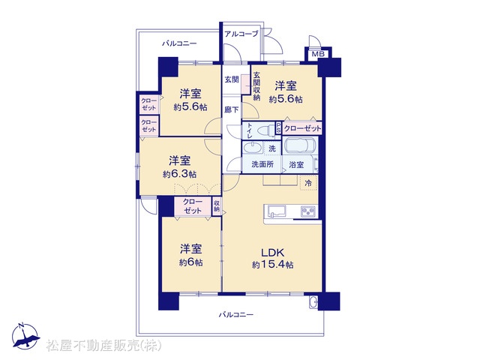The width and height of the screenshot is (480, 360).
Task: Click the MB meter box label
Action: pos(318,55)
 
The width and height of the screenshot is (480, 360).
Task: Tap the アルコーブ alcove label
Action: pos(241,33)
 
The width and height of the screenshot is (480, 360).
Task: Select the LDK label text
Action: pos(272,253)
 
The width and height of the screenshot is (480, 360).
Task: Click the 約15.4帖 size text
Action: pos(272,265)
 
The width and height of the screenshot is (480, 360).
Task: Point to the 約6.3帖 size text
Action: pos(180,174)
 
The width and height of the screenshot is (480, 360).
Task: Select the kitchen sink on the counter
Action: pos(277,211)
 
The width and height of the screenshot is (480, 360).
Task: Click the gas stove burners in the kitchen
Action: pos(308,211)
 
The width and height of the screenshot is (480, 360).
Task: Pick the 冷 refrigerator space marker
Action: pos(308,183)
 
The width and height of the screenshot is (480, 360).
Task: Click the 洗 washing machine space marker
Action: pos(272,148)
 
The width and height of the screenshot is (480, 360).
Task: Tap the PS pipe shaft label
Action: pos(278,127)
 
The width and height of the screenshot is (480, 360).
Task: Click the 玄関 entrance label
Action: pos(232,79)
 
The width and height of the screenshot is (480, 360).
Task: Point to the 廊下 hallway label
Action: pos(232,109)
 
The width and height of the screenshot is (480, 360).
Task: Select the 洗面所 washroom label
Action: pos(262,164)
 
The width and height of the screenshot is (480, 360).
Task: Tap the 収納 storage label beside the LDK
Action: pos(217,206)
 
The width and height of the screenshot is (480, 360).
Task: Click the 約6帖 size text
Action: pos(190,262)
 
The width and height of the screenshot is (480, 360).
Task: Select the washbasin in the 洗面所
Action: pos(253,147)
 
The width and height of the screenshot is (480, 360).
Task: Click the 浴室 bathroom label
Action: pos(296,165)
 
